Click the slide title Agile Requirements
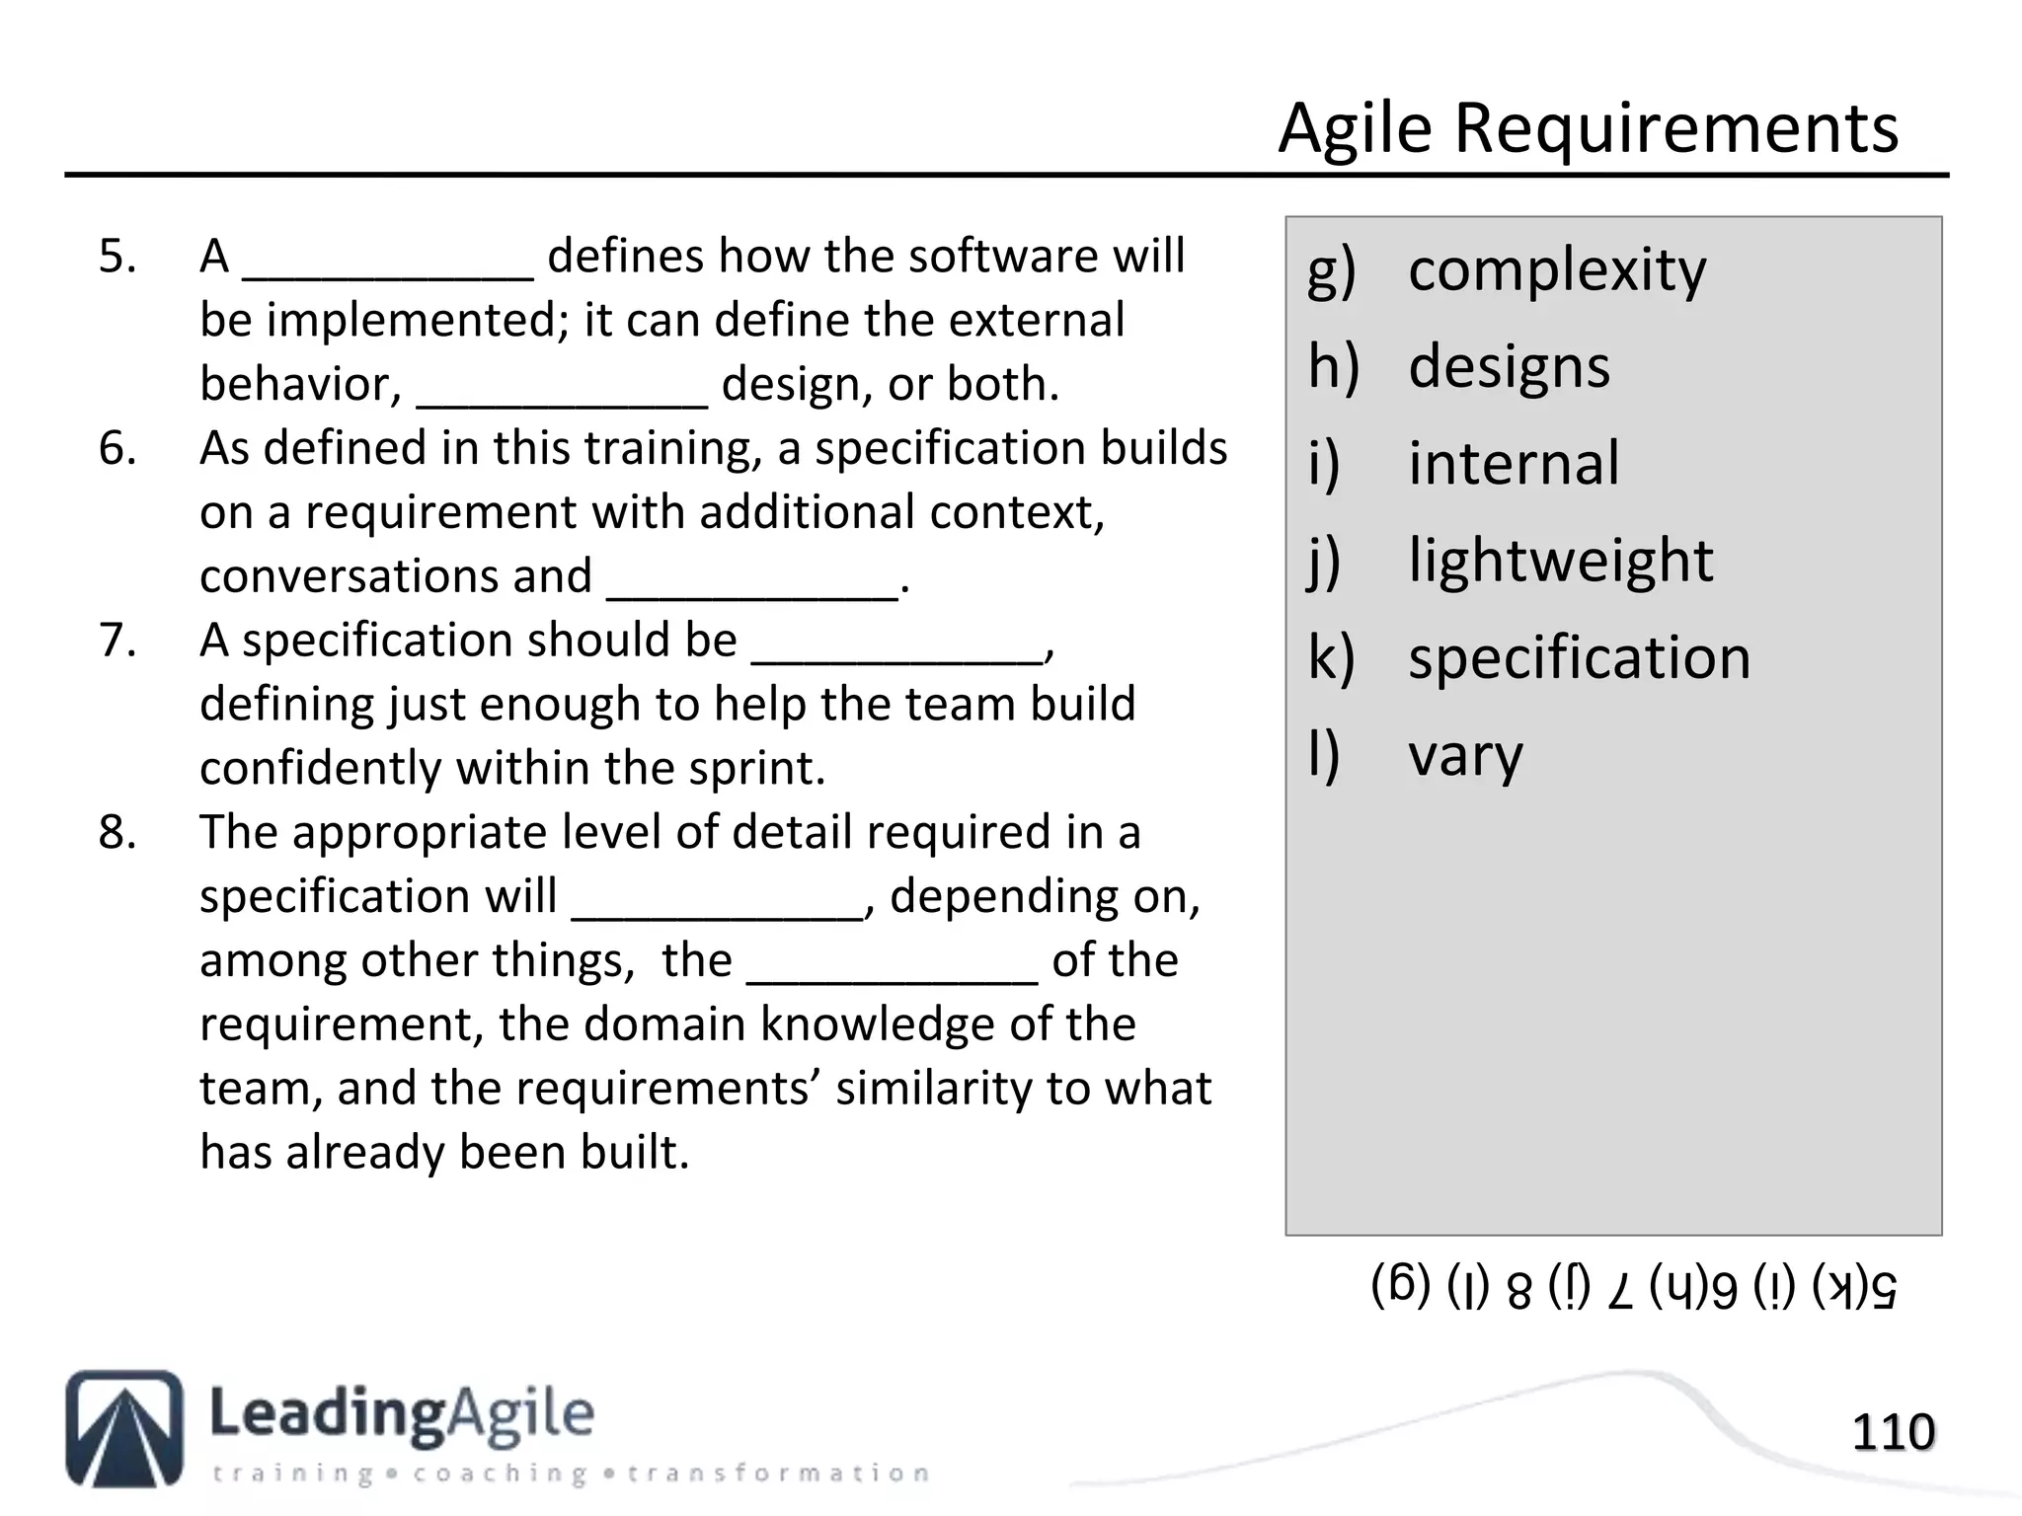1588,128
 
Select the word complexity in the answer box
1556,270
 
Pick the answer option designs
1509,367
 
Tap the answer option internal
1514,464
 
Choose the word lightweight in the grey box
1560,561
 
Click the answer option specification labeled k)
1579,658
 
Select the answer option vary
1465,756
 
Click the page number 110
1893,1432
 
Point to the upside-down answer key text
1634,1288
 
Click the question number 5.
117,257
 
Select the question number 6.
117,449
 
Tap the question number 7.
117,641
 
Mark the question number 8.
117,833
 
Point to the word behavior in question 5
299,385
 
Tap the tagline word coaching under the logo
500,1474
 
